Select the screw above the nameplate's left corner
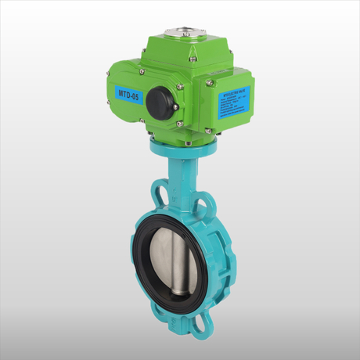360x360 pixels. point(210,82)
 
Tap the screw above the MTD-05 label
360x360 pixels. point(141,72)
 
